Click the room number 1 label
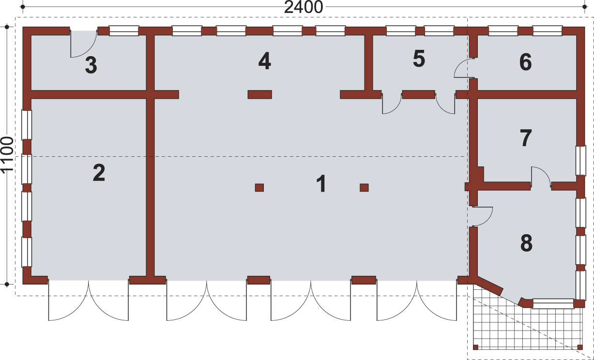[x=320, y=184]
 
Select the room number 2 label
[x=99, y=173]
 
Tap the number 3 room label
[x=91, y=66]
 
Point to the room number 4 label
[x=264, y=61]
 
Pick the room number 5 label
[x=419, y=59]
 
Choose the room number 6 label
[x=525, y=62]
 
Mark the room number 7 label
[x=526, y=138]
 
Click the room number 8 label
[x=526, y=243]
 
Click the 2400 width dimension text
[x=304, y=8]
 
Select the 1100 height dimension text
[x=7, y=155]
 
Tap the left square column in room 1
[x=259, y=188]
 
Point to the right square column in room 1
[x=364, y=188]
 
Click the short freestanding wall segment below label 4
[x=259, y=94]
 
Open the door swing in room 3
[x=82, y=45]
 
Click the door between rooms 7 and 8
[x=541, y=177]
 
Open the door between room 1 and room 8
[x=481, y=216]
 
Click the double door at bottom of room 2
[x=88, y=300]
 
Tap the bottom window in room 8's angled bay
[x=552, y=304]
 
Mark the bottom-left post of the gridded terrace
[x=475, y=347]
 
